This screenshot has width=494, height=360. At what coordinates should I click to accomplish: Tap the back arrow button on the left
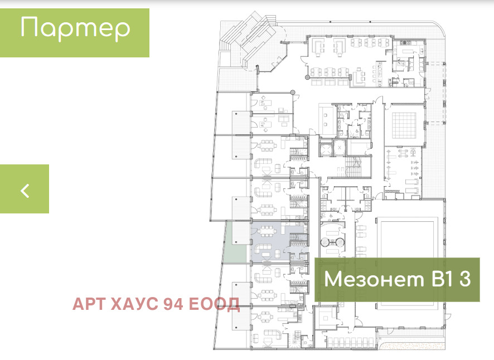[25, 189]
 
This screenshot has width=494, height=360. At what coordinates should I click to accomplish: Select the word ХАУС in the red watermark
[131, 304]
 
